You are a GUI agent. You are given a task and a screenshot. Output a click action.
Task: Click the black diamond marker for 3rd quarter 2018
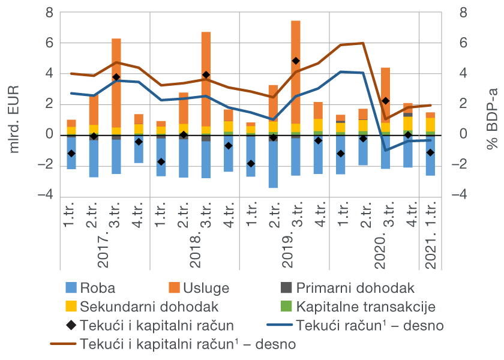click(x=206, y=75)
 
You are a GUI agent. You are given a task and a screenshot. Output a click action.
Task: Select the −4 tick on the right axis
click(x=459, y=196)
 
